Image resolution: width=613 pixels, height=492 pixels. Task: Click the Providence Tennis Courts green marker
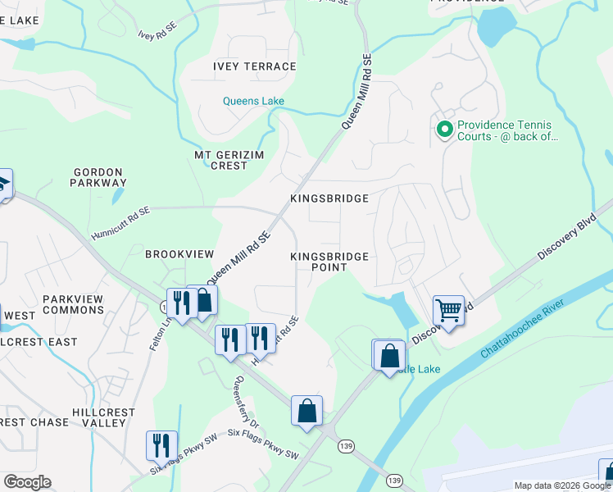pos(445,130)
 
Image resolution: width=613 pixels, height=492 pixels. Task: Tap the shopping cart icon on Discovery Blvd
pos(448,311)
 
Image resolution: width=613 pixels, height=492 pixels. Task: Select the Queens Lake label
pos(254,102)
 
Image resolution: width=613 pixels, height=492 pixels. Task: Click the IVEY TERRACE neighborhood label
pos(254,66)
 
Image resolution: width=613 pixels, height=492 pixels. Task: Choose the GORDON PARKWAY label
pos(100,177)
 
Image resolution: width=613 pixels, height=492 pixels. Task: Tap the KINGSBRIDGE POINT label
pos(329,262)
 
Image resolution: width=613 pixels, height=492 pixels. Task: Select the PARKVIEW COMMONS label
pos(73,304)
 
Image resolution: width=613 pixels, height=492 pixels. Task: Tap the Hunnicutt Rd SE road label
pos(121,214)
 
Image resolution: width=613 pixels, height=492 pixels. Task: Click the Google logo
pos(27,482)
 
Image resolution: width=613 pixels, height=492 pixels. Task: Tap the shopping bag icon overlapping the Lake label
pos(389,356)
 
